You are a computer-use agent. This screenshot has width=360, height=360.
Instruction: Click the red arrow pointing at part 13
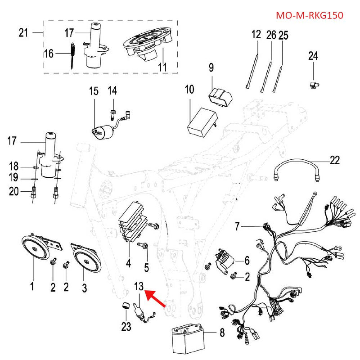[156, 299]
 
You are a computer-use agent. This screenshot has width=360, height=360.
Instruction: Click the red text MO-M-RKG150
[309, 15]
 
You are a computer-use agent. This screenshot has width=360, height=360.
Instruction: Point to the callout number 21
[24, 33]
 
